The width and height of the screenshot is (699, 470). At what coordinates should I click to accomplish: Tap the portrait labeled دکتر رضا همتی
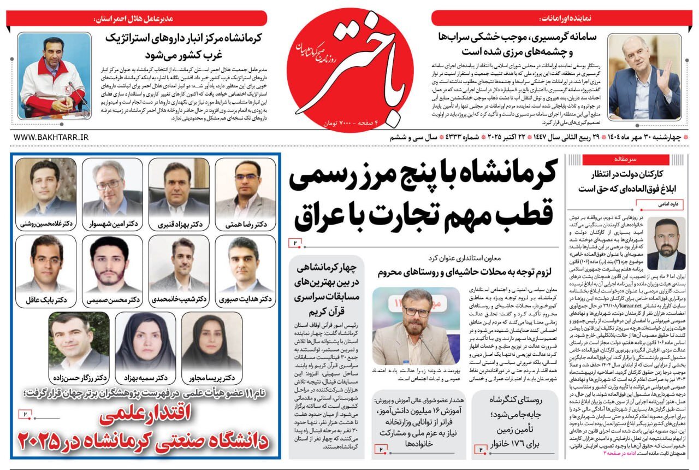point(245,189)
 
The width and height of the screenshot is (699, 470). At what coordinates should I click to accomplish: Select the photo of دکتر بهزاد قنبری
point(179,189)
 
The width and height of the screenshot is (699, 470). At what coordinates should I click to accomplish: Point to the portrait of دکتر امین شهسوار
point(112,189)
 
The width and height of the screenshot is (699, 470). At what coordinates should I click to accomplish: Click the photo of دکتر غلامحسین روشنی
point(46,189)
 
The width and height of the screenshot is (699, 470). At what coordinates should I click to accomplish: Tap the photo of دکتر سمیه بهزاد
point(145,342)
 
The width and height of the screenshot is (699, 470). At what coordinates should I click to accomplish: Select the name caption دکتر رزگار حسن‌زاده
point(80,378)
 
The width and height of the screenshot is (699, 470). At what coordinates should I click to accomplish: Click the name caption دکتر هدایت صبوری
point(245,299)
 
